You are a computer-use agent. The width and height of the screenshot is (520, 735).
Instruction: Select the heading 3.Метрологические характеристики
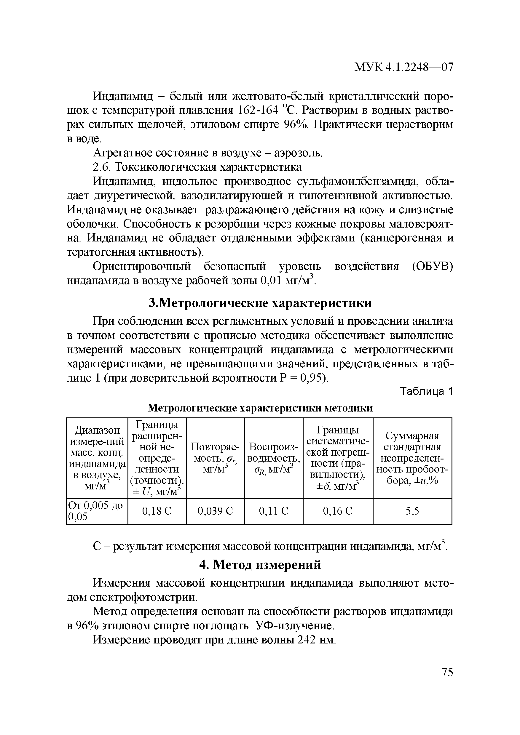point(260,302)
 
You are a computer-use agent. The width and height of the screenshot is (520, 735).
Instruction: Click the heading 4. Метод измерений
point(260,565)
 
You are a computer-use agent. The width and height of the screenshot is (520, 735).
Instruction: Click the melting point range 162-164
point(258,111)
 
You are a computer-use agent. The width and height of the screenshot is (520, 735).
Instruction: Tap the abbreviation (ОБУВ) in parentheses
point(433,266)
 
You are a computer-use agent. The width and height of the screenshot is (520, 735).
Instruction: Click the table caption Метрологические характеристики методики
point(260,408)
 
